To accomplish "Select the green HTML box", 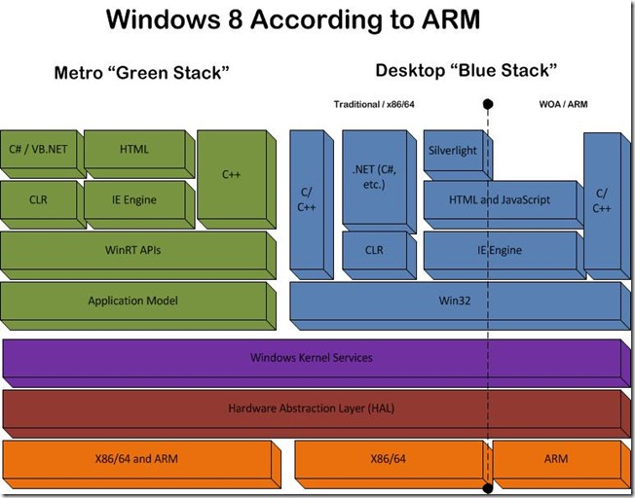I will tap(133, 151).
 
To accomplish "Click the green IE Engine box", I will tap(133, 201).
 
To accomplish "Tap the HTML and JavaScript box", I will tap(500, 201).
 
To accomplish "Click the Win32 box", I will tap(453, 302).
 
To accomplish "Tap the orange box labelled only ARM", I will tap(555, 459).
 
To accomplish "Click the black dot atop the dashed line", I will tap(488, 103).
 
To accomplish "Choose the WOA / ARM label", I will tap(563, 103).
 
